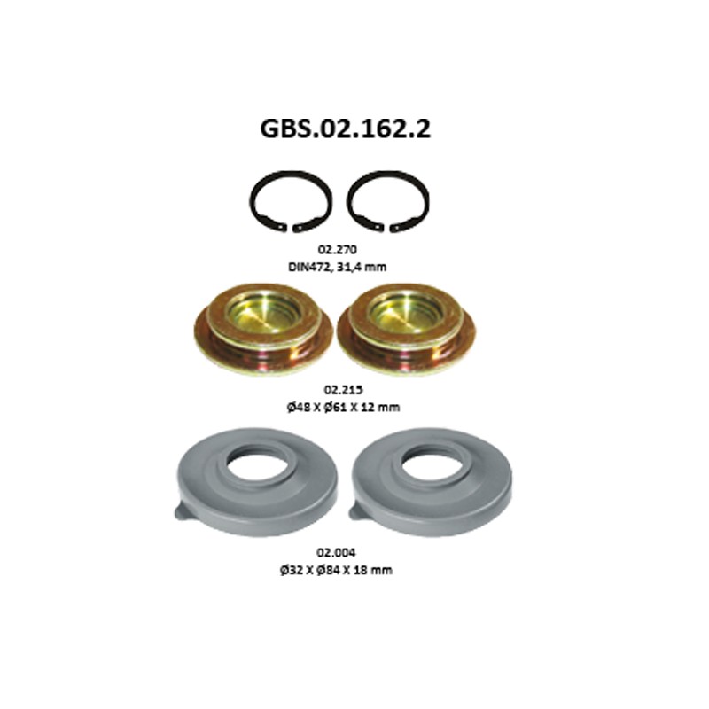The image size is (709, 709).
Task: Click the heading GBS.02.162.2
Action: point(345,129)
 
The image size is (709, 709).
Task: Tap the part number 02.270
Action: point(338,249)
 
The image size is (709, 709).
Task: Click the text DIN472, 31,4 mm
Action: point(338,267)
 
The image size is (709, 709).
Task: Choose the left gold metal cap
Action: point(263,328)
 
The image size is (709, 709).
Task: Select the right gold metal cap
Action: point(406,328)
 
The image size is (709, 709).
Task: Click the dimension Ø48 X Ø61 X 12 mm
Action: point(343,407)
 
